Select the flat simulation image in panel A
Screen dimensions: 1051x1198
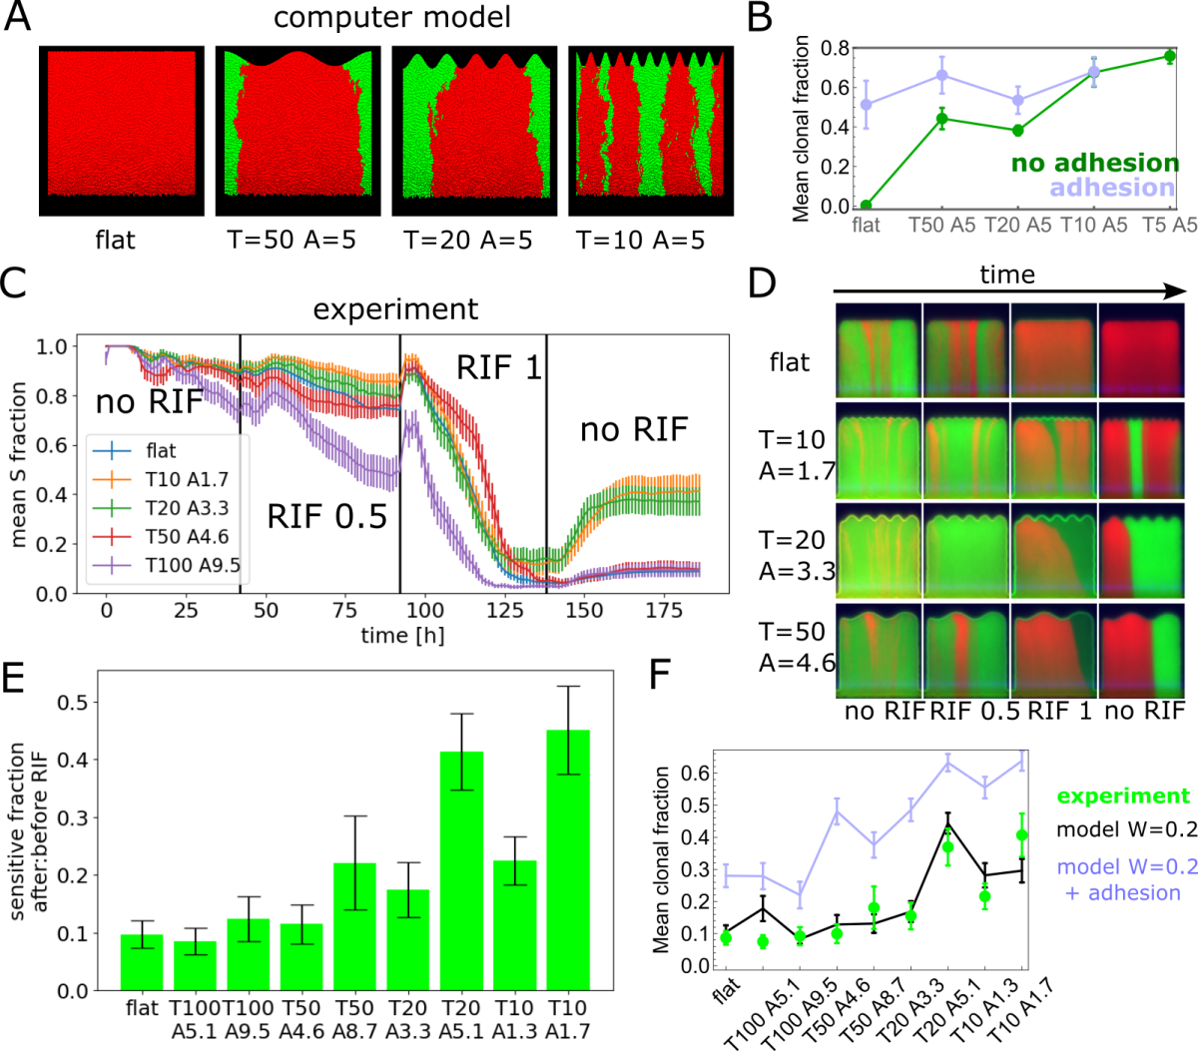[x=122, y=130]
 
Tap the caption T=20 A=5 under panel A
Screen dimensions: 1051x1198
[x=467, y=241]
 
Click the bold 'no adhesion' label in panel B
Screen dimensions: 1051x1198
[x=1095, y=163]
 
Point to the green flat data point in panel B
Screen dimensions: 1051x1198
[x=866, y=206]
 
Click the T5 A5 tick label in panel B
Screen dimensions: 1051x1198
[x=1169, y=226]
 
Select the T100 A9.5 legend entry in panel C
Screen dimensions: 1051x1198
[x=192, y=566]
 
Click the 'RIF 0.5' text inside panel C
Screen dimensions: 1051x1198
[x=326, y=516]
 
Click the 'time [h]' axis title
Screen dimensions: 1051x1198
[x=402, y=635]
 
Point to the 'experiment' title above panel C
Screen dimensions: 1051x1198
[x=395, y=309]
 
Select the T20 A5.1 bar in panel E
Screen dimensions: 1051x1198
[x=461, y=869]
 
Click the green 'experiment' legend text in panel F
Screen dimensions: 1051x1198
[x=1123, y=796]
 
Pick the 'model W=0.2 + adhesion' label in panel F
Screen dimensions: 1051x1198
[x=1126, y=879]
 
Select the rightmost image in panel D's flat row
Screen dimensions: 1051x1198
[x=1141, y=349]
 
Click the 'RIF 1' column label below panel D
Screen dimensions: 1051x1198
[x=1053, y=712]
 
